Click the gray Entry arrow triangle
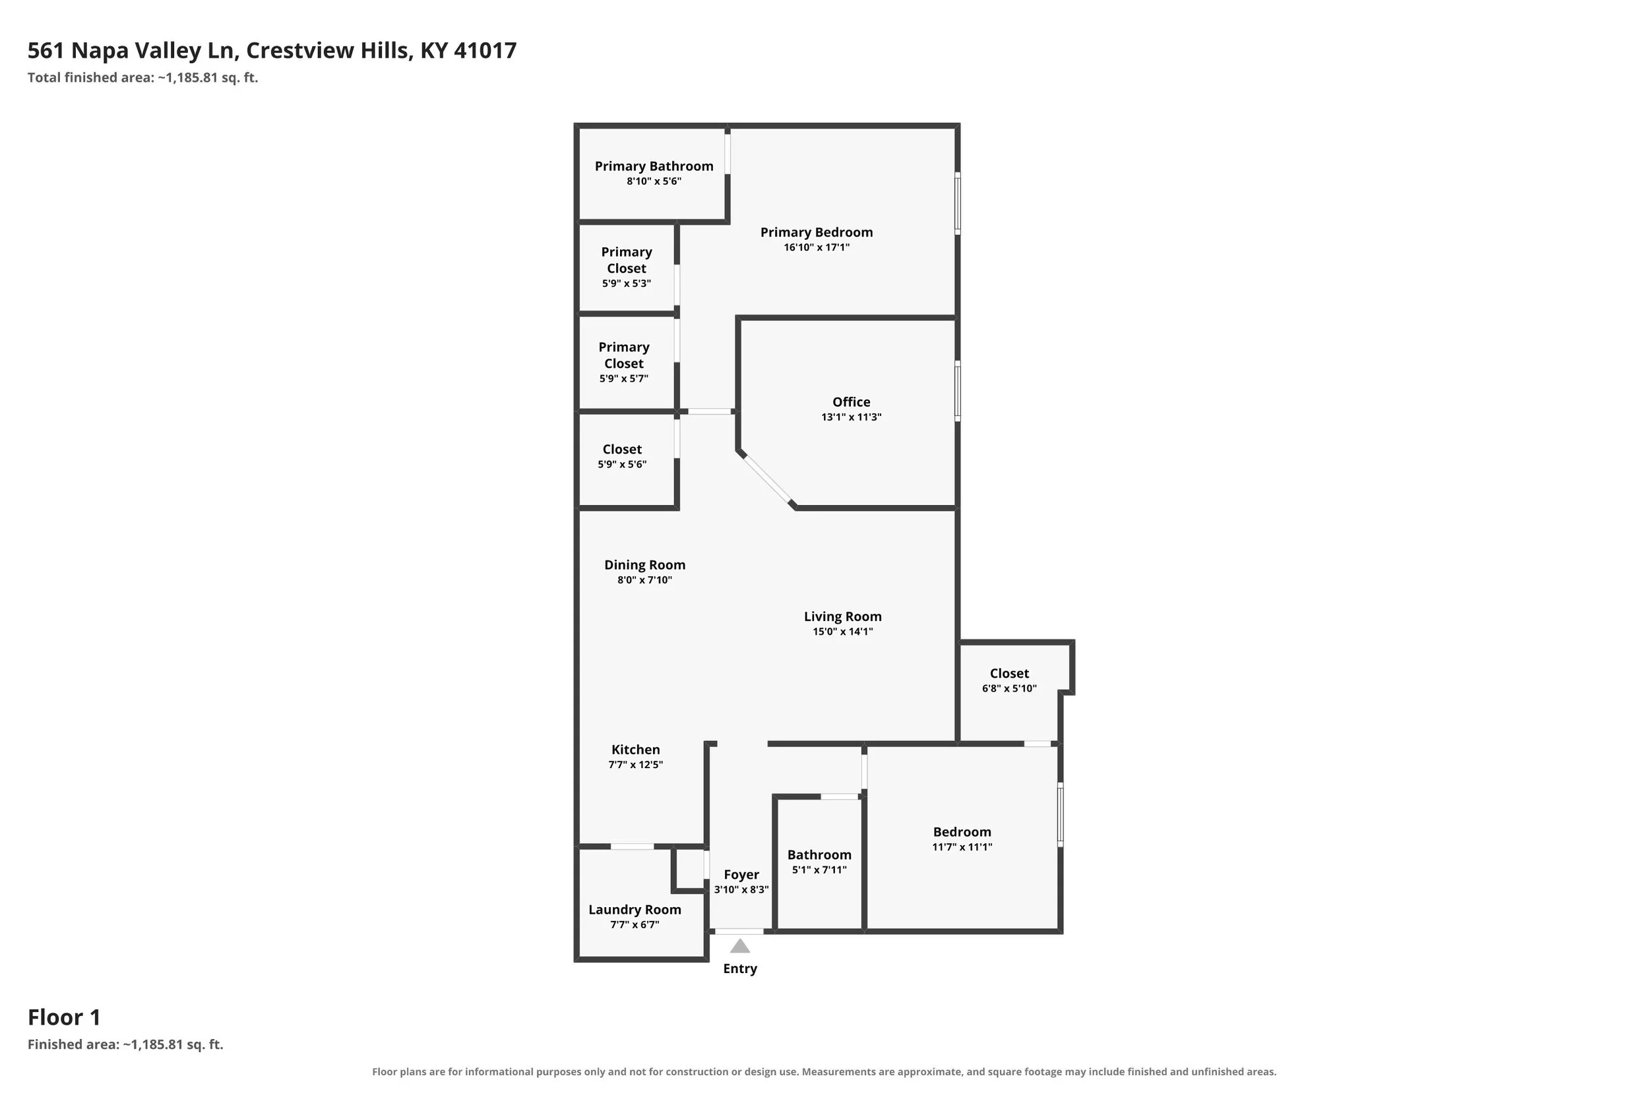tap(739, 946)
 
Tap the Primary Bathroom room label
tap(654, 166)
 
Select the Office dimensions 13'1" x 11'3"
tap(851, 417)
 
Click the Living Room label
tap(843, 617)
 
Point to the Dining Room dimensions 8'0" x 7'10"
tap(644, 580)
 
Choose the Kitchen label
tap(635, 750)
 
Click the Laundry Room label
tap(635, 910)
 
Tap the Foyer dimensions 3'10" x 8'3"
tap(741, 890)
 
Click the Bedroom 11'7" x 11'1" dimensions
tap(962, 847)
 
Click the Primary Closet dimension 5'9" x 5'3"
tap(626, 284)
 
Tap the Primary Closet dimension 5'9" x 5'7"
tap(623, 379)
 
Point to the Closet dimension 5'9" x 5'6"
tap(622, 465)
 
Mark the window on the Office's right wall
tap(958, 391)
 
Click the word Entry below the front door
tap(739, 968)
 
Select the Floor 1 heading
tap(64, 1017)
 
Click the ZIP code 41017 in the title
tap(485, 51)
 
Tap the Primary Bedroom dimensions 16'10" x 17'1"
tap(816, 247)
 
